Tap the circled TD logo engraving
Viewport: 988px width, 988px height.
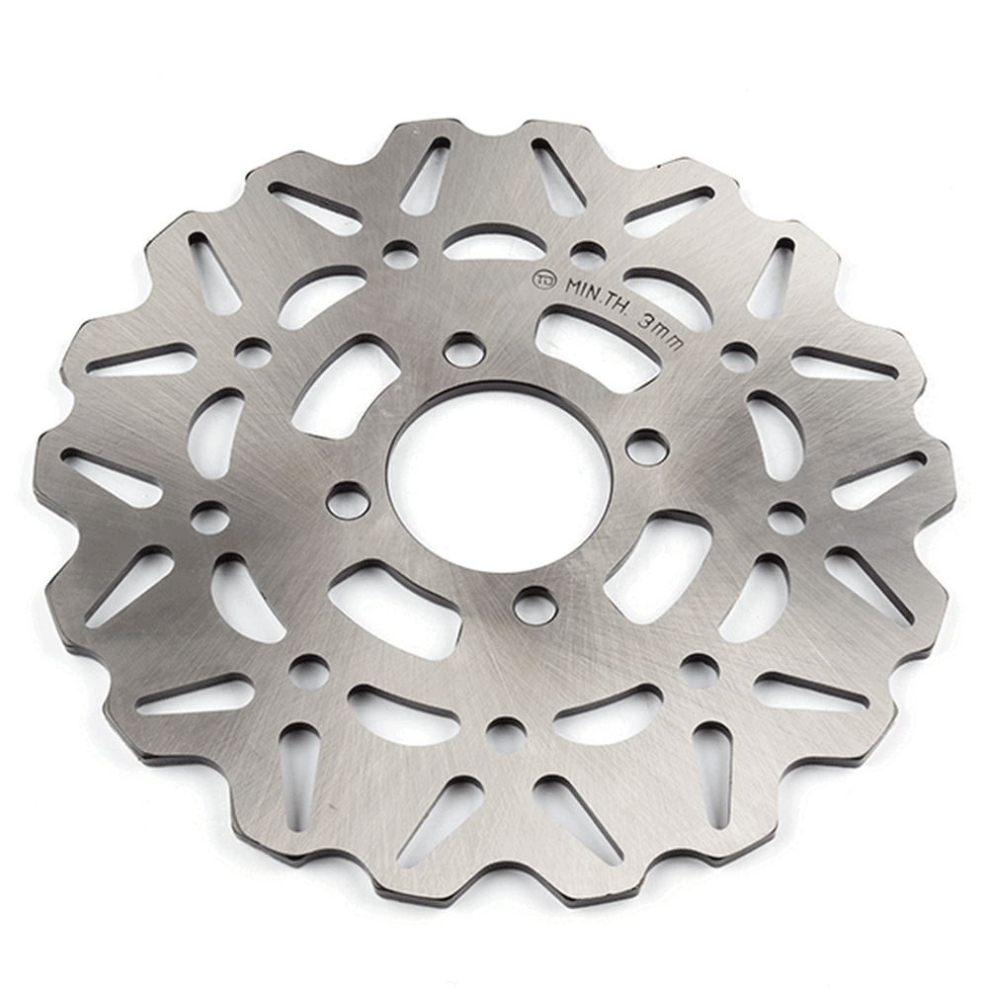(x=543, y=280)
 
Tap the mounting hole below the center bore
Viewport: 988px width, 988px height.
(x=535, y=605)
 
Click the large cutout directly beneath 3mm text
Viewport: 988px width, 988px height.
(x=600, y=340)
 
